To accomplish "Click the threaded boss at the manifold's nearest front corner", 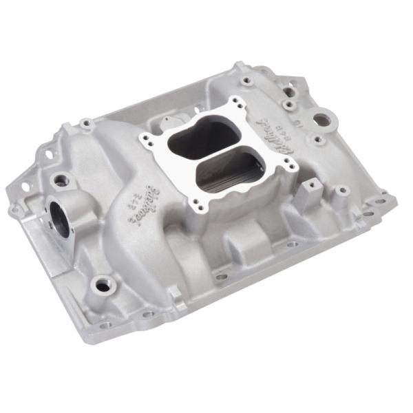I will click(x=103, y=284).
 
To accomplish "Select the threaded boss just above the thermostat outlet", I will click(x=62, y=180).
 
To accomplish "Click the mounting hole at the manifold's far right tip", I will click(x=390, y=201).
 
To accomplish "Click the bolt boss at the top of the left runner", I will click(x=87, y=124).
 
